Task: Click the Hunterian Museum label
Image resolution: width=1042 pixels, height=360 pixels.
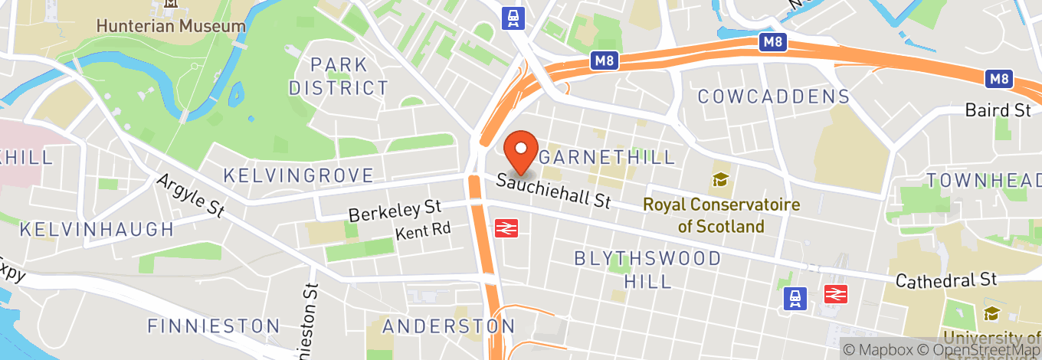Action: tap(171, 25)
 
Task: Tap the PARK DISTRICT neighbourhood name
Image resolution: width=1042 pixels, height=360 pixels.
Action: tap(339, 76)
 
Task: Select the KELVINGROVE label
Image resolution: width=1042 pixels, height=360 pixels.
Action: tap(298, 175)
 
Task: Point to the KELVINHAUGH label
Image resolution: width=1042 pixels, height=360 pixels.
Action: tap(97, 229)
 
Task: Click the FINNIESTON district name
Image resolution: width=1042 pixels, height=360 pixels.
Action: tap(214, 326)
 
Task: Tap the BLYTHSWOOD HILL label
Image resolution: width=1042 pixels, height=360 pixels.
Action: tap(647, 270)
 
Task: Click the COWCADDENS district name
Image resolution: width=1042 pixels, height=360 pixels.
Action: tap(774, 97)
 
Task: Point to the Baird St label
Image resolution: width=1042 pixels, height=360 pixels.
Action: tap(998, 110)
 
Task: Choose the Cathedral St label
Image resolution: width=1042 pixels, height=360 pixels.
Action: tap(946, 280)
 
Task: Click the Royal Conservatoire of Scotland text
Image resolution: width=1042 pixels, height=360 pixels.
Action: tap(721, 215)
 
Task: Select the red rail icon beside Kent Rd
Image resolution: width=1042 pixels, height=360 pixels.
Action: tap(504, 227)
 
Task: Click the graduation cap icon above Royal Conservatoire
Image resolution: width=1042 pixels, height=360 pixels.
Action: tap(720, 180)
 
